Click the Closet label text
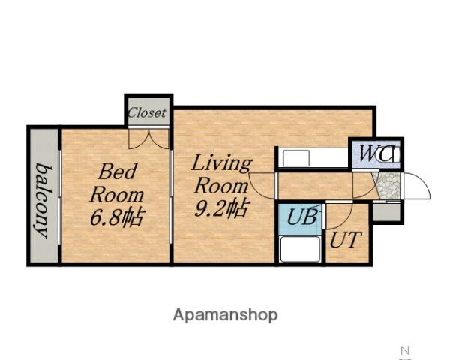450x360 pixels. point(147,112)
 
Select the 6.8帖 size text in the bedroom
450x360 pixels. point(116,217)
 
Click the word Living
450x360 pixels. point(221,163)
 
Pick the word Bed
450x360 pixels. point(117,172)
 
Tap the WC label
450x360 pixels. point(376,154)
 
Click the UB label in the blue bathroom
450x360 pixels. point(302,217)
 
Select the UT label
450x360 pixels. point(345,239)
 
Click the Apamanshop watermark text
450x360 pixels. point(225,315)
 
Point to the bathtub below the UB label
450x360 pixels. point(300,249)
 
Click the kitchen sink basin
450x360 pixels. point(296,158)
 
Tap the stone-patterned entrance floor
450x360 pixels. point(388,186)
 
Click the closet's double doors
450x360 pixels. point(148,139)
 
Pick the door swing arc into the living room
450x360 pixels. point(257,190)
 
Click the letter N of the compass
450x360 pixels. point(405,350)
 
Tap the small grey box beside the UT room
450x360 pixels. point(386,212)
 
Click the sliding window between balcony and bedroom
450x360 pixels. point(60,197)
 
